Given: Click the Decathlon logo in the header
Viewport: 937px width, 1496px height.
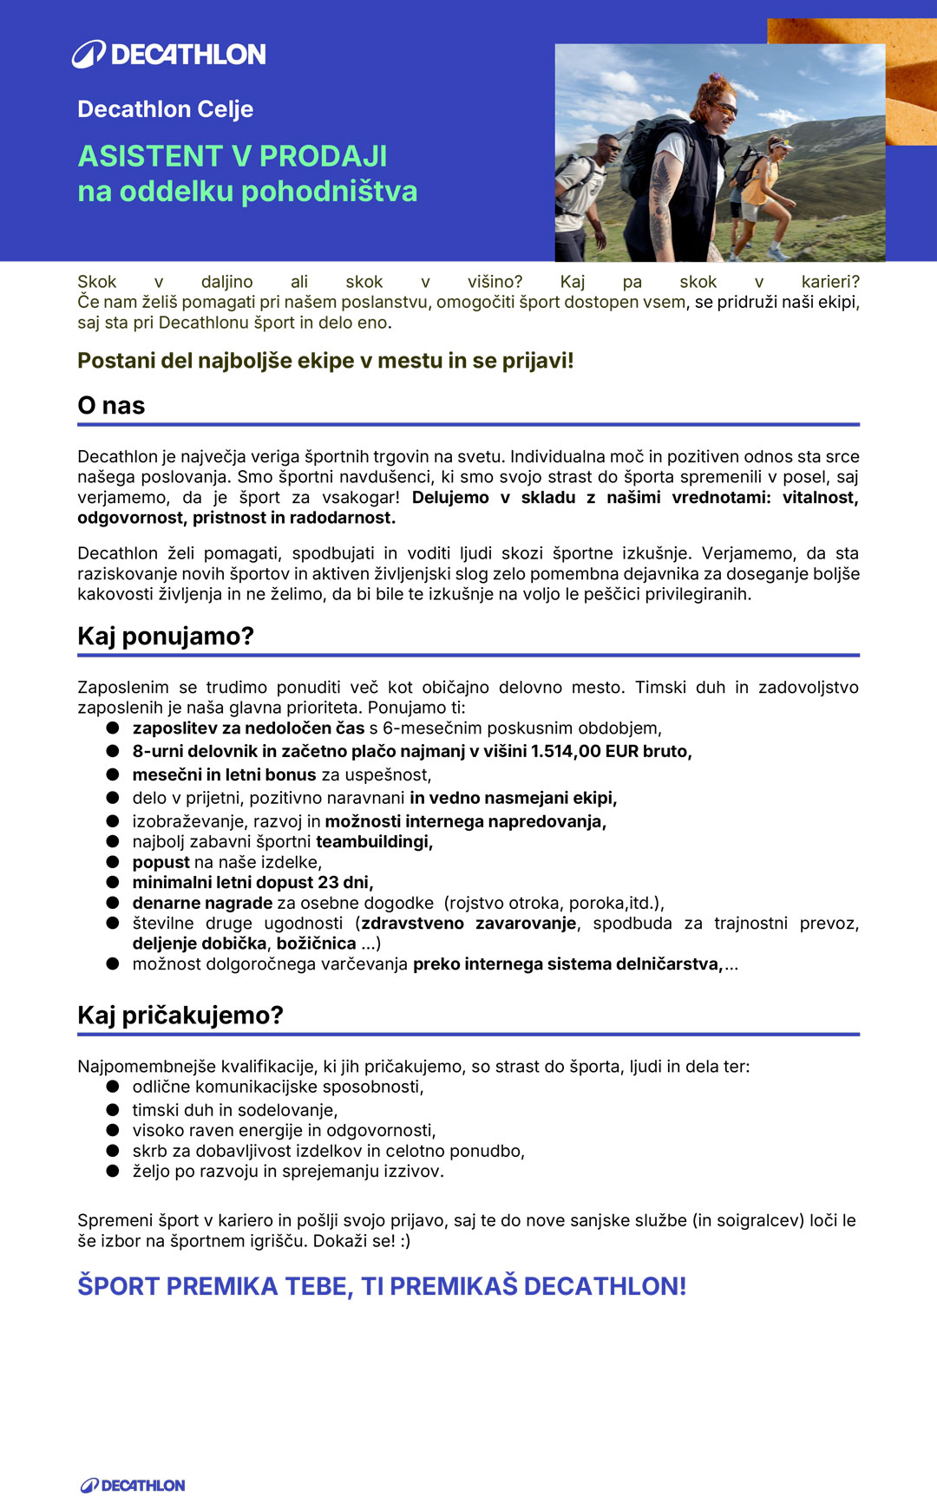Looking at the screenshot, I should point(169,54).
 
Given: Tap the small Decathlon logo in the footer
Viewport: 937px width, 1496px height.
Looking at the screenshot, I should point(133,1486).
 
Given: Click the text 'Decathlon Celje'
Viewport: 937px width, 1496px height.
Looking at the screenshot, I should point(165,109).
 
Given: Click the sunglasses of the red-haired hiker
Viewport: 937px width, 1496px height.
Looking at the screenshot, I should point(724,108).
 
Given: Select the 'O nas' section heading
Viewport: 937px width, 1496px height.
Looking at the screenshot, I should point(111,405).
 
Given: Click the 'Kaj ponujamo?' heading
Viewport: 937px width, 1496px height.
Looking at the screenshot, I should point(166,636).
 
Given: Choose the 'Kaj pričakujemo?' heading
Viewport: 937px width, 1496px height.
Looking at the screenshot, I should point(180,1015).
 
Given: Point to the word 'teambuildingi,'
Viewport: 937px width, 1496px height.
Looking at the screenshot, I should point(374,841).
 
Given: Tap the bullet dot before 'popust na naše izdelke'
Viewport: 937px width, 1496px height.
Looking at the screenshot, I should point(113,862).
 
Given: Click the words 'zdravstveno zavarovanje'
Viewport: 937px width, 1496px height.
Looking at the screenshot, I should point(468,923).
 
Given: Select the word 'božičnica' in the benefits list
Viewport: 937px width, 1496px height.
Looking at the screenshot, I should point(316,944).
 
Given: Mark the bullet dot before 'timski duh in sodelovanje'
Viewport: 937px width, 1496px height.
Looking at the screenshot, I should point(113,1110).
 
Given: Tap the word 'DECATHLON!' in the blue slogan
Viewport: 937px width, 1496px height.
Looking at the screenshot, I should point(605,1286).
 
